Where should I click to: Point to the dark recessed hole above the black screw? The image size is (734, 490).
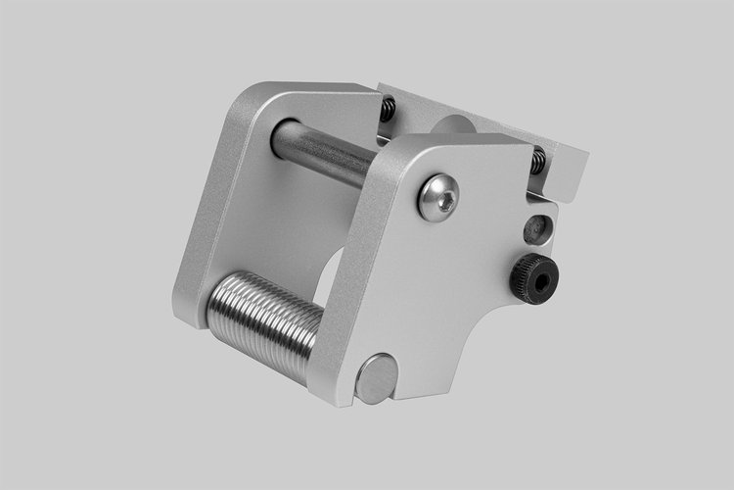tap(537, 229)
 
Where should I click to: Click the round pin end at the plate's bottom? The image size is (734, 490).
tap(376, 379)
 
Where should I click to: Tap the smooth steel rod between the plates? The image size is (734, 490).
tap(323, 152)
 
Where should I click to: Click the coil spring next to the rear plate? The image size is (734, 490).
tap(389, 108)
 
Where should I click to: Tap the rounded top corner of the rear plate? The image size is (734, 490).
tap(245, 93)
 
